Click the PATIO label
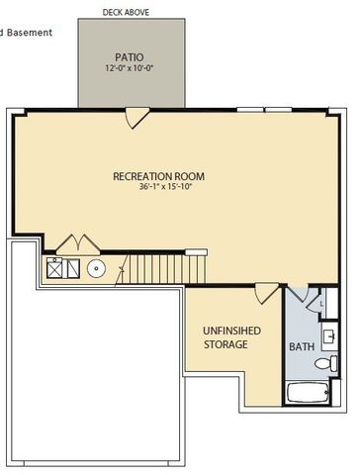pos(129,57)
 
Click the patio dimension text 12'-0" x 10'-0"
pos(129,69)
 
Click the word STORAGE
pos(226,345)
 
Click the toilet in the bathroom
pos(326,364)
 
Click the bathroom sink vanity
pos(331,336)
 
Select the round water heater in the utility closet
pos(97,267)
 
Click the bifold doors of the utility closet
pos(75,243)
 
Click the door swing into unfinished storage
pos(265,292)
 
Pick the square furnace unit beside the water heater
pos(57,266)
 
